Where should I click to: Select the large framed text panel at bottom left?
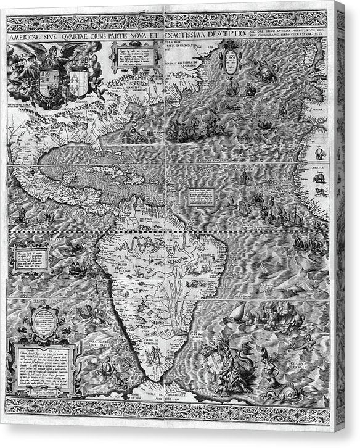(x=43, y=368)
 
